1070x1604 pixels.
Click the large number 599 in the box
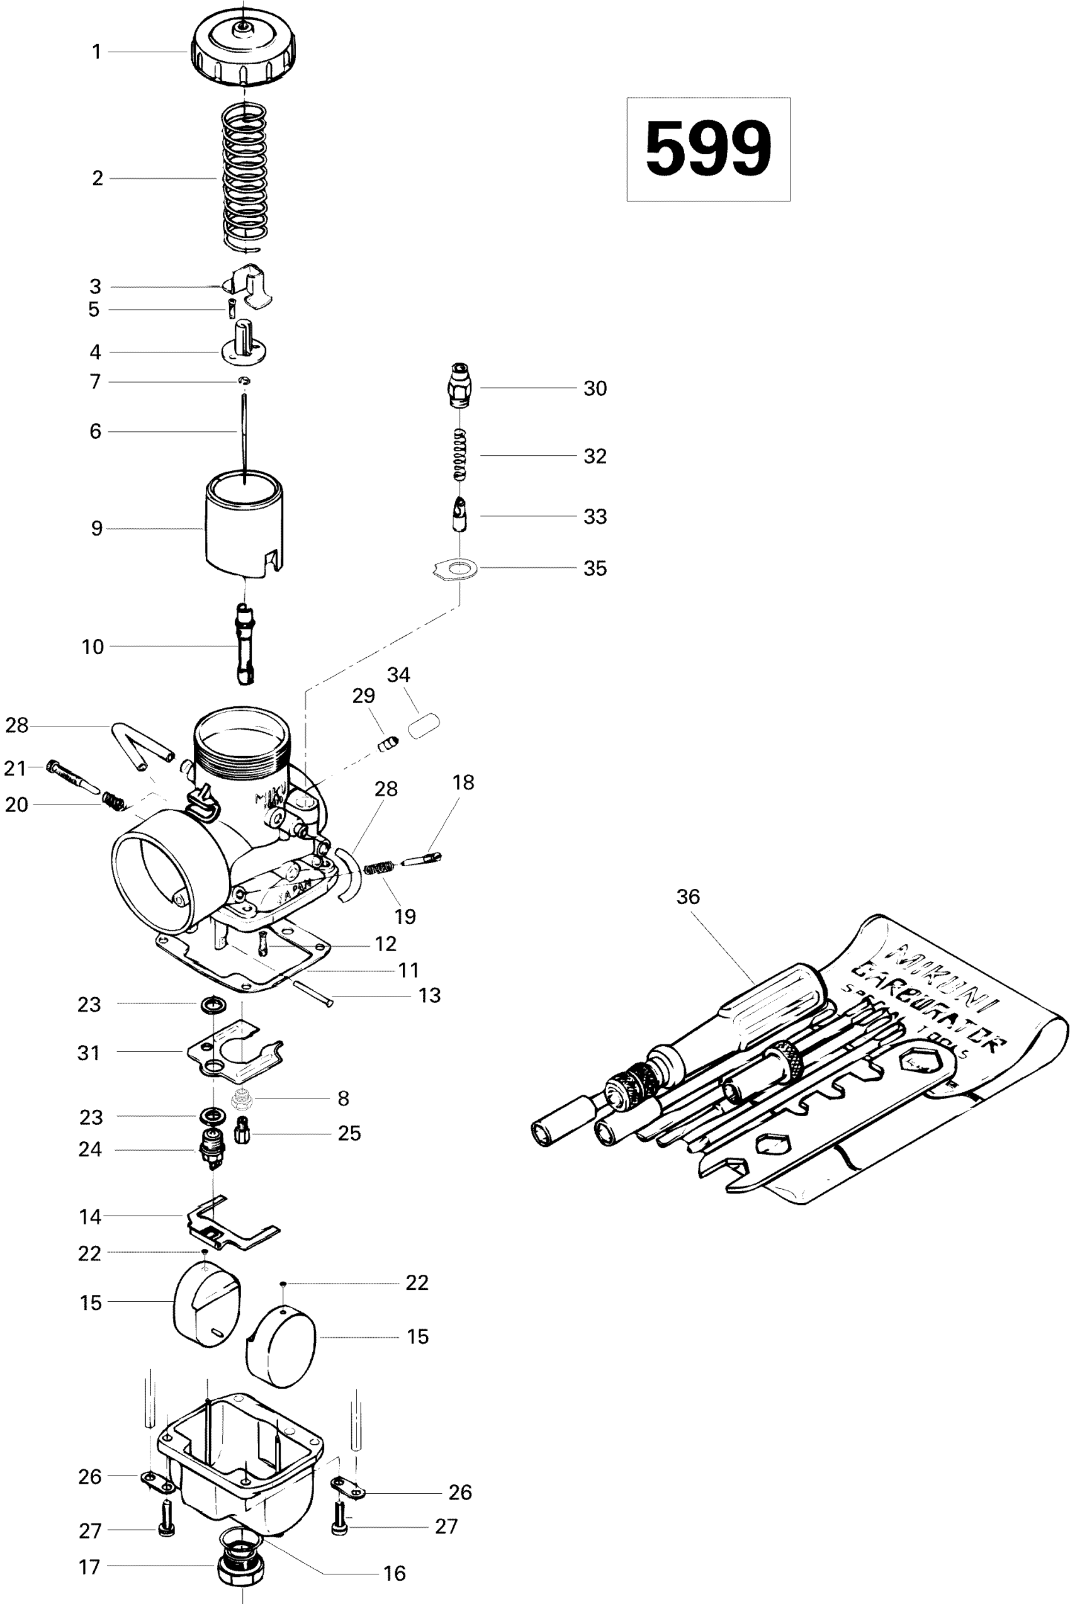[707, 149]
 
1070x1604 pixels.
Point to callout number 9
[97, 528]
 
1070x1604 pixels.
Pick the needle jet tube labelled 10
[244, 646]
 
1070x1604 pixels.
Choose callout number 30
[595, 388]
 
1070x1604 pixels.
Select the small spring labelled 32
[461, 455]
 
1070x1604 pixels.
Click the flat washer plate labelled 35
[456, 569]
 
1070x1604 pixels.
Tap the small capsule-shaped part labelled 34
[424, 725]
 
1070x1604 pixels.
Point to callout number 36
[688, 896]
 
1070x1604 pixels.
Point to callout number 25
[349, 1133]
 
